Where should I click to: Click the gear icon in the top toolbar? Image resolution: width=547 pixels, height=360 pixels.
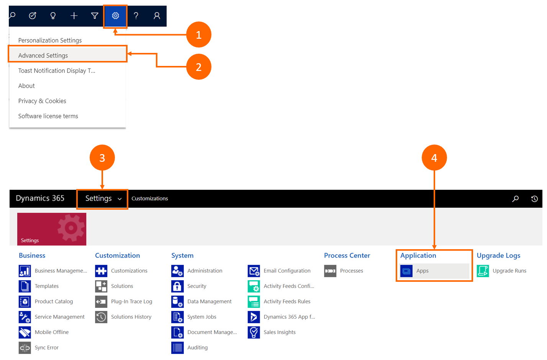[115, 16]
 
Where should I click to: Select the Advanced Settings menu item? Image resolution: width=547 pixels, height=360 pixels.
[43, 56]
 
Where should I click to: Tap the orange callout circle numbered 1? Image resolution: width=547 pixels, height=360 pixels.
[198, 35]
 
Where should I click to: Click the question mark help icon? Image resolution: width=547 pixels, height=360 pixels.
[136, 16]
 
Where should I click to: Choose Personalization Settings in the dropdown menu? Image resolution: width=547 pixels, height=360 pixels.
[50, 40]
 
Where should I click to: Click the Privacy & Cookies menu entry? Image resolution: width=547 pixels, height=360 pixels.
[42, 101]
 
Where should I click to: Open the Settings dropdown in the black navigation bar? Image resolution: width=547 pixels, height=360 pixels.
[102, 199]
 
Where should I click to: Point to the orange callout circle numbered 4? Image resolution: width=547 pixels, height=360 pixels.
[434, 158]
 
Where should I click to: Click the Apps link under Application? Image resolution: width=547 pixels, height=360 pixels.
[422, 271]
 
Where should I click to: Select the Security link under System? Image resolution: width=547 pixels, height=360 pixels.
[197, 286]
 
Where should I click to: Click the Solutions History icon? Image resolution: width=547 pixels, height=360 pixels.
[101, 317]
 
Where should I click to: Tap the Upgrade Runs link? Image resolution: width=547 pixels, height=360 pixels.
[509, 271]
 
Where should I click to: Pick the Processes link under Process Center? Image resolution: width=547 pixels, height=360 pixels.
[351, 271]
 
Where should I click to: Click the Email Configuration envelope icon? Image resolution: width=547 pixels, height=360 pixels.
[254, 271]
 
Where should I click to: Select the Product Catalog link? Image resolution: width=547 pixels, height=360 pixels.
[54, 301]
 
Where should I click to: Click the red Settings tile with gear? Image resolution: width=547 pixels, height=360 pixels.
[52, 229]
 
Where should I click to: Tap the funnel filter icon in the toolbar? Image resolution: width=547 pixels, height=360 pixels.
[95, 16]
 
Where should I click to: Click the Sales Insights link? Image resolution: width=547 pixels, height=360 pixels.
[279, 332]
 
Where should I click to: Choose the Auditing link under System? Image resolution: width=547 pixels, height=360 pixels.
[197, 347]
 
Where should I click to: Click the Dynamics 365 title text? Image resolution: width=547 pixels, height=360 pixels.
[40, 198]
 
